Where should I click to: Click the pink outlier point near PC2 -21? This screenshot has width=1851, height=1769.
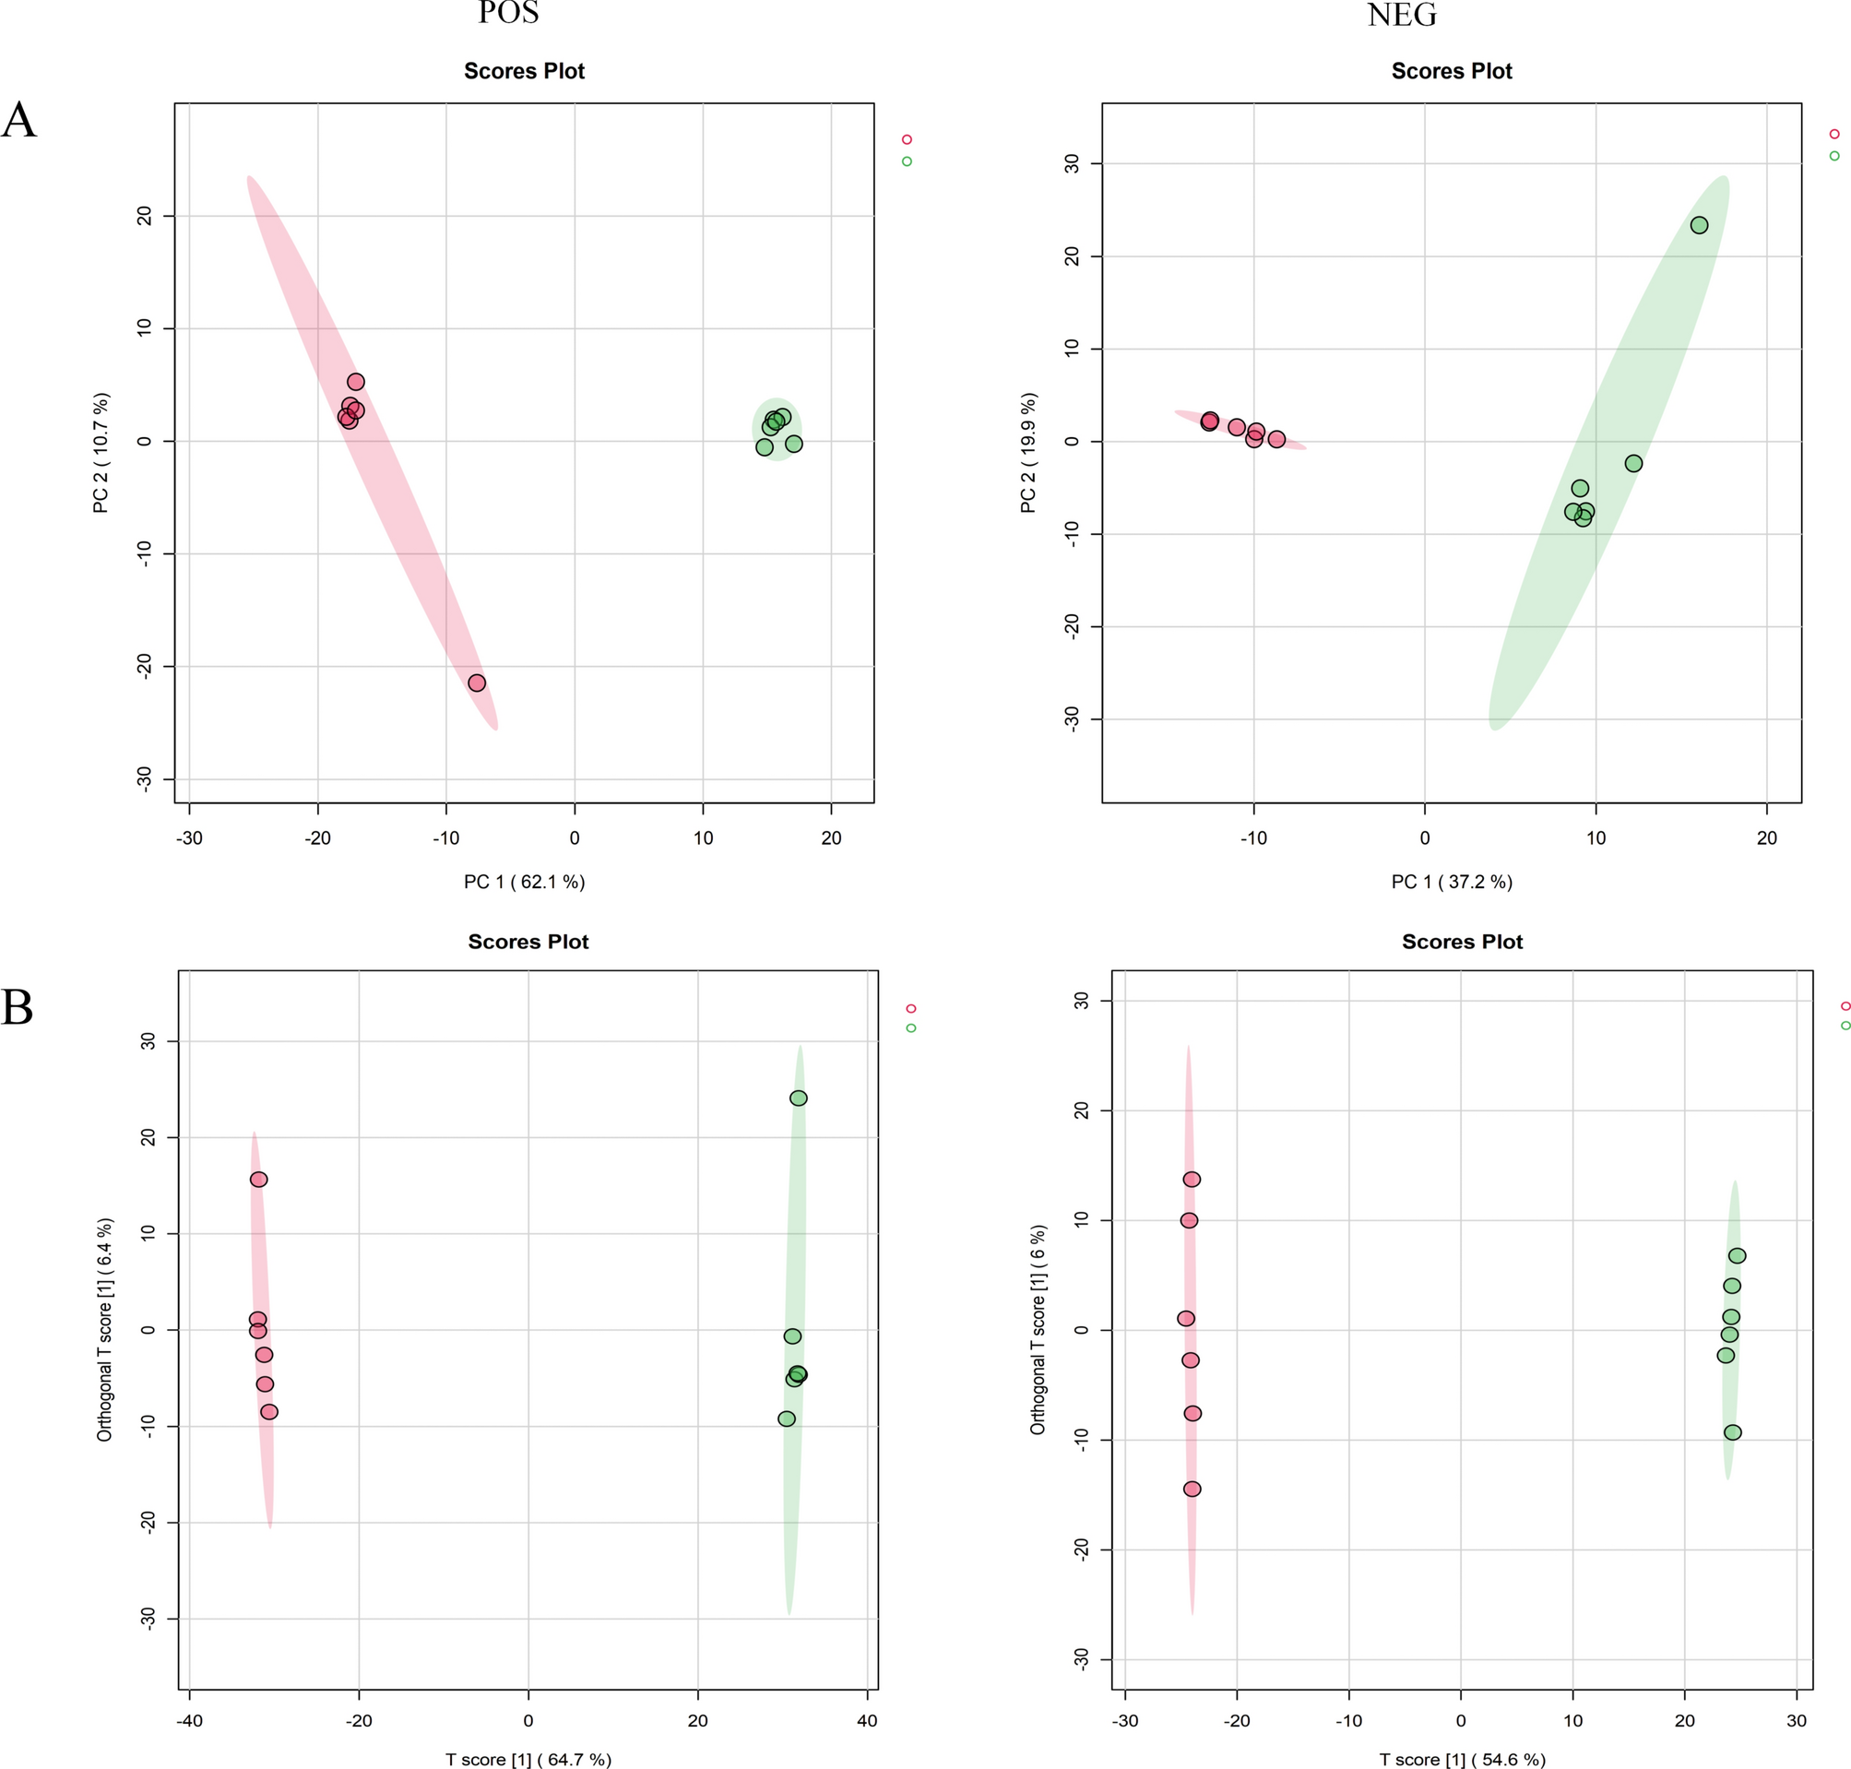476,683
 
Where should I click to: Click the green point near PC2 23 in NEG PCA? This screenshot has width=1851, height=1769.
1698,225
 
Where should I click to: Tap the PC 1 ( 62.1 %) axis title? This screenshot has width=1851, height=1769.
524,882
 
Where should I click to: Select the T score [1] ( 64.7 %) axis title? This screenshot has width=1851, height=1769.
528,1759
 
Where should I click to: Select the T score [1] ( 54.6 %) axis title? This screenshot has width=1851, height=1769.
1462,1759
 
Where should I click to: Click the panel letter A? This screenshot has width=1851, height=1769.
18,121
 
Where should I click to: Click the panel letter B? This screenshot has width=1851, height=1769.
17,1007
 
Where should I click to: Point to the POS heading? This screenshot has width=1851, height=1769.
508,13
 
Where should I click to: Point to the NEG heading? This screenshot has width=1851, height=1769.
1402,15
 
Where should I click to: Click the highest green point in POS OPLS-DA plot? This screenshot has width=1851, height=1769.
798,1098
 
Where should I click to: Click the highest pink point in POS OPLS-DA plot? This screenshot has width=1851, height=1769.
258,1179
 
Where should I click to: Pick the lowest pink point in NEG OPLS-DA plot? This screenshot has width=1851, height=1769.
1192,1489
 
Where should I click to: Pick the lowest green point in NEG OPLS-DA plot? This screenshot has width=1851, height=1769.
1732,1432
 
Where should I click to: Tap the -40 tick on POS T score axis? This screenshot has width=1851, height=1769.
190,1720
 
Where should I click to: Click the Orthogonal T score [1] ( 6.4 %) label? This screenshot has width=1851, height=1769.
104,1330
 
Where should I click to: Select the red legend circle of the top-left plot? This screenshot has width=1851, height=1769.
908,139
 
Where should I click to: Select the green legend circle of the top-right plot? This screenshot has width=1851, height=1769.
1834,156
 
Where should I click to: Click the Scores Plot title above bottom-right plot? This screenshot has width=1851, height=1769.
1462,941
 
